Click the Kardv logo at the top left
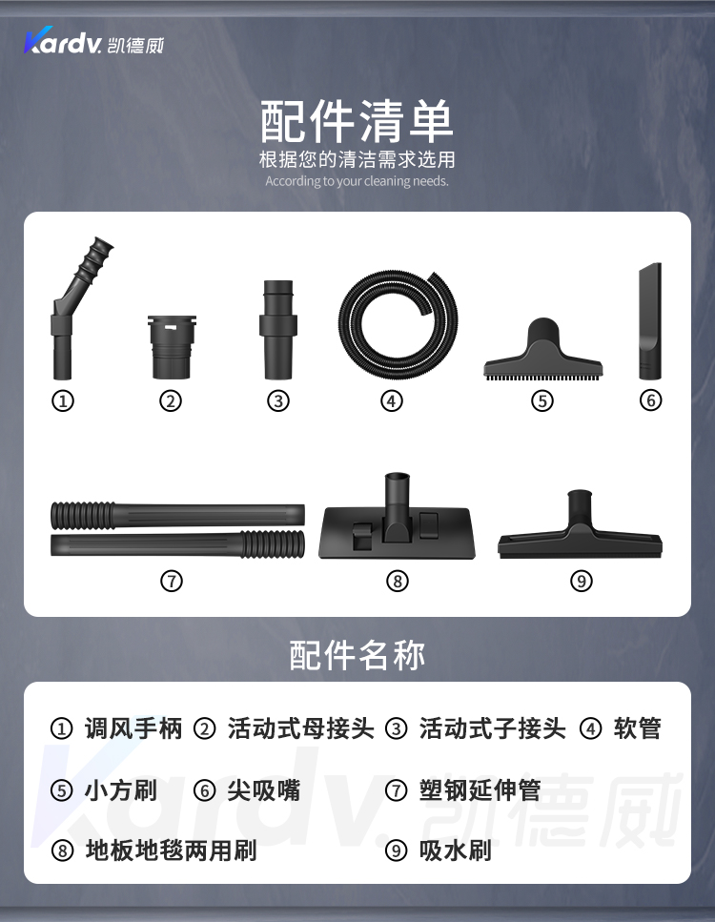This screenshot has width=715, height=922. [x=93, y=41]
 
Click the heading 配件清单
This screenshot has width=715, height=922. [x=357, y=121]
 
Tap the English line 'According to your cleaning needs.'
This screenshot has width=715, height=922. [x=357, y=181]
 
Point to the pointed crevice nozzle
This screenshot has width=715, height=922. [x=650, y=321]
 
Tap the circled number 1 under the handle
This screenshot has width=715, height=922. [x=63, y=401]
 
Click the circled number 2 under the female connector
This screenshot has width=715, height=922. [x=171, y=401]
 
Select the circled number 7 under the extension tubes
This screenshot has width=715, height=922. [x=171, y=581]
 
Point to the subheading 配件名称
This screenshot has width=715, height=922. [x=357, y=655]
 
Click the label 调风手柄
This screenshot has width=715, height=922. [x=133, y=728]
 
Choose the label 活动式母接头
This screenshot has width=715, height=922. [x=301, y=728]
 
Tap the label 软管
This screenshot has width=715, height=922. [x=638, y=728]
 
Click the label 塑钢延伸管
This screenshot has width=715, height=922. [x=480, y=789]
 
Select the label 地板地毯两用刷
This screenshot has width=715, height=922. [x=171, y=850]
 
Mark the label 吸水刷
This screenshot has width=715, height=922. [x=456, y=850]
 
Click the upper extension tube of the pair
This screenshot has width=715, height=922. [x=177, y=515]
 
